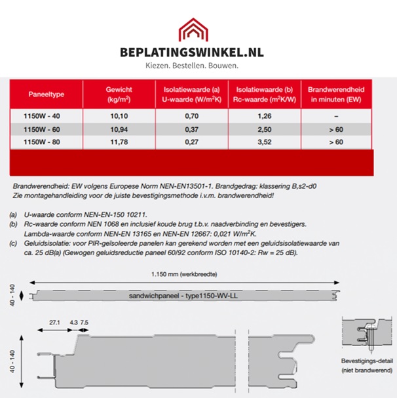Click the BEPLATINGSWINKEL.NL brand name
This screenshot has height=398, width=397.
[199, 52]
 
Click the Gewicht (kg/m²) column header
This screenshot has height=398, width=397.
[119, 94]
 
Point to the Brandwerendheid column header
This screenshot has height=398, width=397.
[336, 94]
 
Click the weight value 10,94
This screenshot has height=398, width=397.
[119, 129]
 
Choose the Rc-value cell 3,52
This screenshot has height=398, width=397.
[263, 141]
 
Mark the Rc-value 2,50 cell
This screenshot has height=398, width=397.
[263, 129]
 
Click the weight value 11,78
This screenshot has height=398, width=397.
[119, 141]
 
